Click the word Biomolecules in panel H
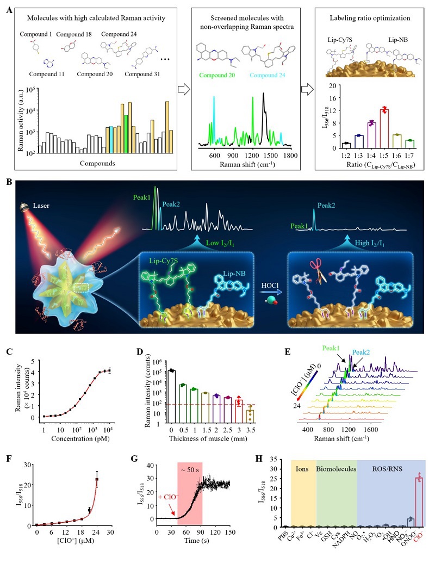337,467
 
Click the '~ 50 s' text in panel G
190,468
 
